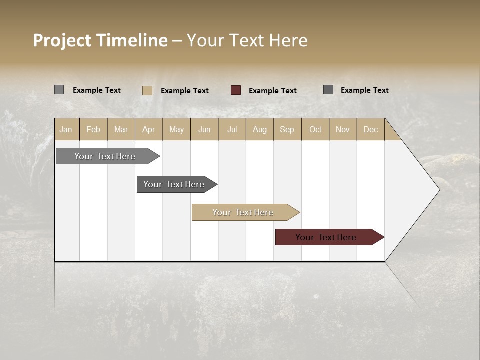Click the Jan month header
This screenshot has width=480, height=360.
[66, 129]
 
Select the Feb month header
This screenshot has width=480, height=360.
[93, 129]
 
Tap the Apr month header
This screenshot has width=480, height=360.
[148, 129]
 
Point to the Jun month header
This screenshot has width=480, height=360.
[204, 129]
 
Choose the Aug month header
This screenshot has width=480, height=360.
[259, 129]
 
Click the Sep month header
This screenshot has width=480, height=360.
[287, 129]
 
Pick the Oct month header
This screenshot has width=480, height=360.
[315, 129]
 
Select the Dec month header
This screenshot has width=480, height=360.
[370, 129]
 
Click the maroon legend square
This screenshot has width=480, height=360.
[236, 90]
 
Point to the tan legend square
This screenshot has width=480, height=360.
[147, 90]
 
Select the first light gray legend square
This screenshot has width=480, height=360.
[59, 90]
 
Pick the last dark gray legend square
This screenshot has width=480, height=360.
[328, 90]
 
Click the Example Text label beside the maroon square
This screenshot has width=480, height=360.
[272, 91]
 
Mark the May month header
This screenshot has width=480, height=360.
[176, 129]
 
